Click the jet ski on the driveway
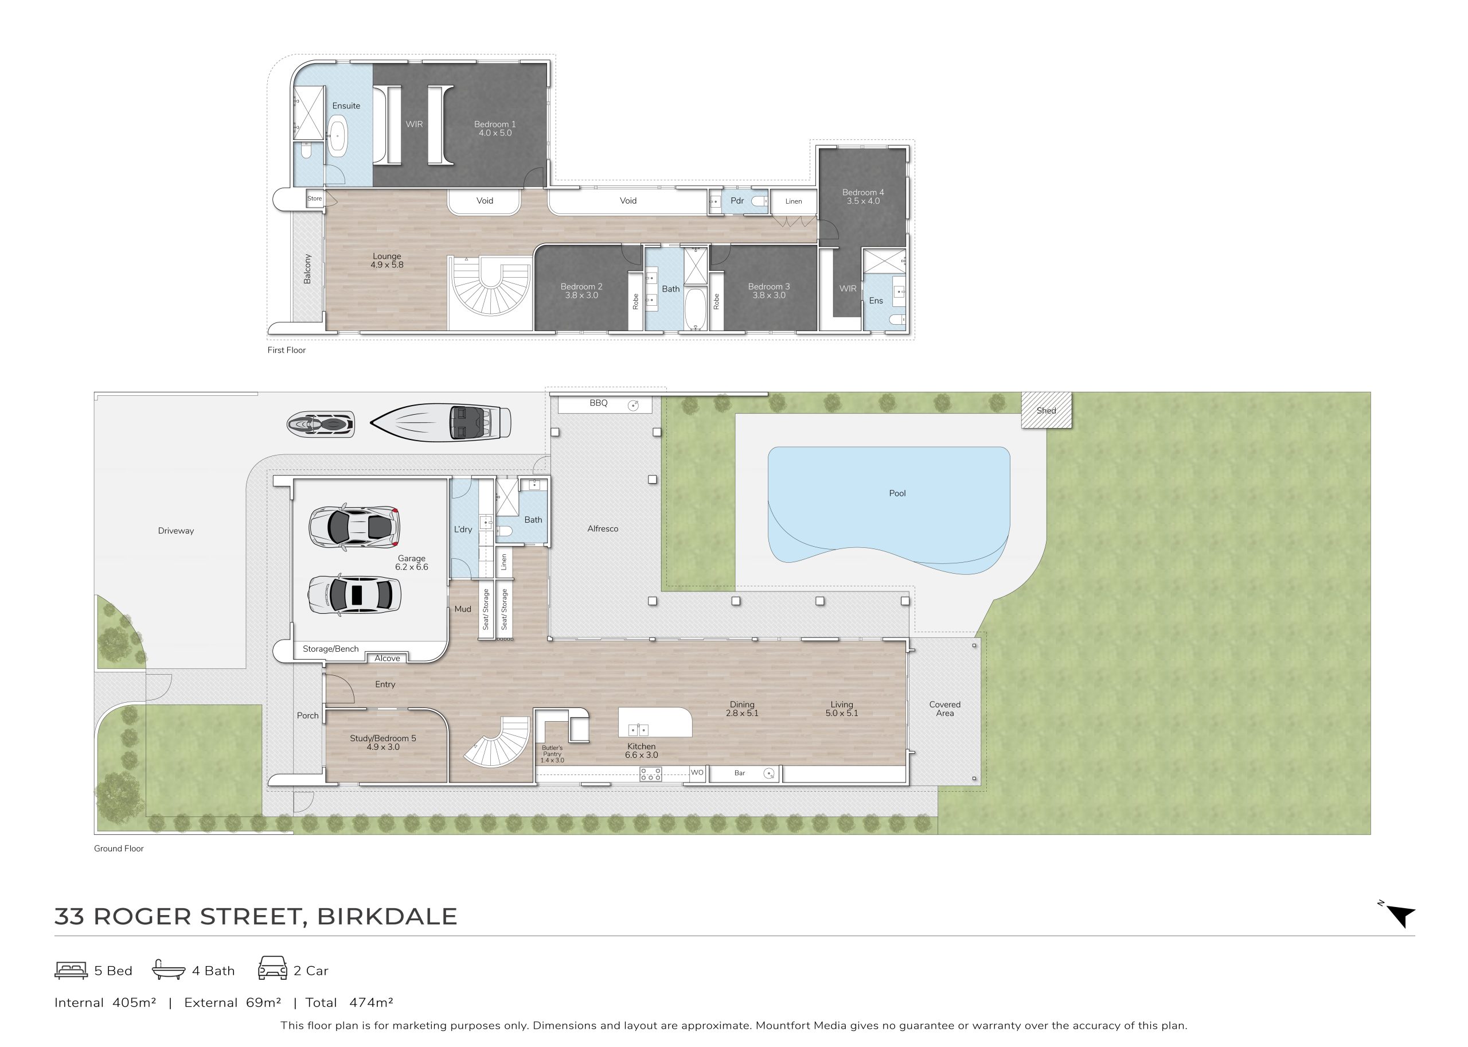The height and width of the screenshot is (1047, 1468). (x=321, y=424)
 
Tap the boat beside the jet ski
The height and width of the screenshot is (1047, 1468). (x=441, y=423)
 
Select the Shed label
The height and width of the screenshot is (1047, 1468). (x=1047, y=411)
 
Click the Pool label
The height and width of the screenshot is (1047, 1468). (x=897, y=493)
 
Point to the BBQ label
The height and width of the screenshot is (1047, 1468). (x=599, y=403)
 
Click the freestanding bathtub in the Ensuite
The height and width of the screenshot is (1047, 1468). (x=338, y=137)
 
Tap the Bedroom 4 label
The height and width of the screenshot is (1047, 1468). (x=863, y=192)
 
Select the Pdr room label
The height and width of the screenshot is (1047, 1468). (x=737, y=200)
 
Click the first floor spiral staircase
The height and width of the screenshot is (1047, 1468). (x=491, y=286)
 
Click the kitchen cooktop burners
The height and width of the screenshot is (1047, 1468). (x=650, y=774)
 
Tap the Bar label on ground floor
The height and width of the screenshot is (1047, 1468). (x=740, y=773)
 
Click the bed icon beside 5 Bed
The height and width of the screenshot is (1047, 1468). (x=71, y=970)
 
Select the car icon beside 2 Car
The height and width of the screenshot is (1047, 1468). (x=272, y=968)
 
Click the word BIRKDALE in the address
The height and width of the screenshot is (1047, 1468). (x=386, y=916)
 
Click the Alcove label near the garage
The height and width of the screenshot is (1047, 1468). (x=387, y=658)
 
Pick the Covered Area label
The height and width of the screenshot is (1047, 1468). (x=944, y=709)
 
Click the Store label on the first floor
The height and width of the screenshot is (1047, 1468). (x=314, y=198)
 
